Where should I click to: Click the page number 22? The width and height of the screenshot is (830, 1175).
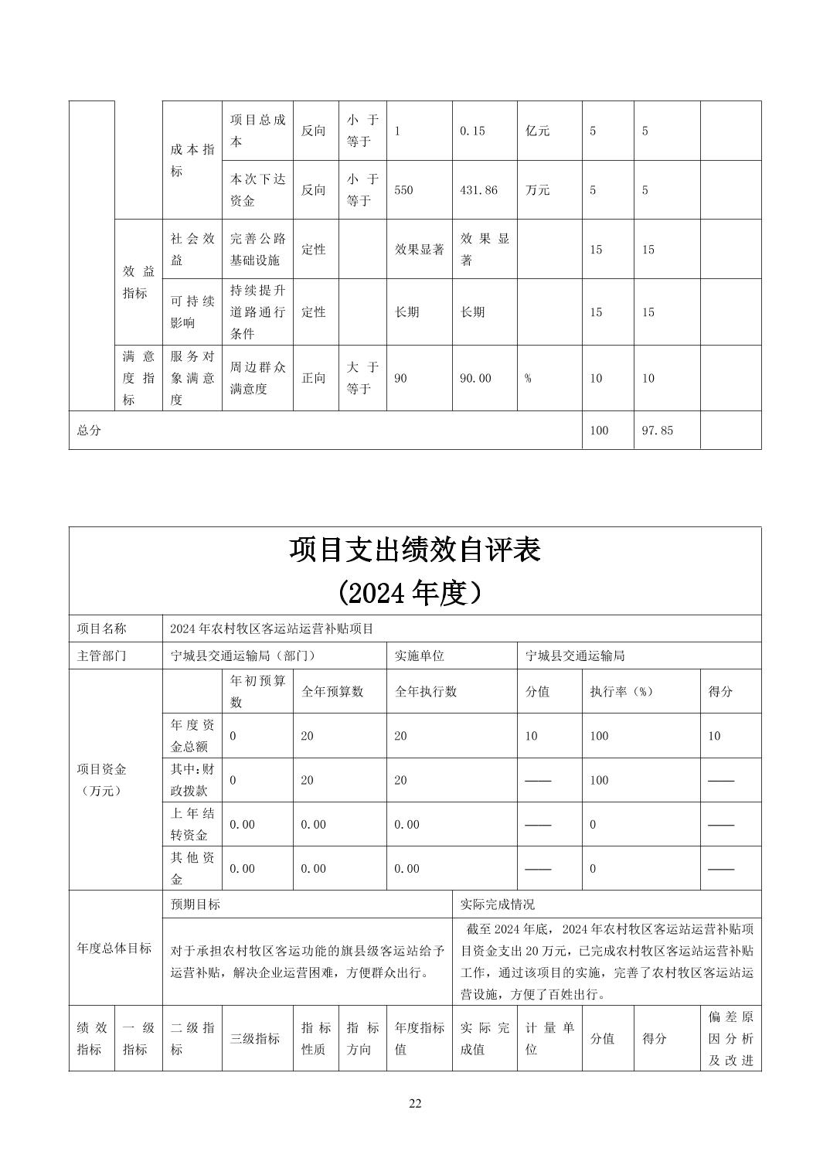(415, 1103)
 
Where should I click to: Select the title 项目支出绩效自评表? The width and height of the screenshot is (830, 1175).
(415, 550)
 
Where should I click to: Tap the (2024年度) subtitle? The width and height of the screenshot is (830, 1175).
(415, 593)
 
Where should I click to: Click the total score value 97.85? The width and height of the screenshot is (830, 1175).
(657, 431)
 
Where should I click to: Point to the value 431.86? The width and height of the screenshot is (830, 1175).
(478, 190)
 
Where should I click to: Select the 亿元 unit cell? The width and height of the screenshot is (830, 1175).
(538, 131)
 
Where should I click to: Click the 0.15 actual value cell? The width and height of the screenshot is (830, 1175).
(472, 131)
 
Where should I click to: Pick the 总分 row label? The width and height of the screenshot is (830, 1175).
(89, 431)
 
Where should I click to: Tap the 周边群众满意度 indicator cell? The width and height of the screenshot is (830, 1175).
(257, 378)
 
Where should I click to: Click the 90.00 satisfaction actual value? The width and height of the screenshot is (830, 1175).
(475, 378)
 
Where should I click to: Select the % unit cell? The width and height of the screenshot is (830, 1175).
(528, 378)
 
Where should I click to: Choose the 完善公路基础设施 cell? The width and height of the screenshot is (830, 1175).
(257, 249)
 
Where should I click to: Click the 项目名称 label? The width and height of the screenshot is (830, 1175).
(101, 628)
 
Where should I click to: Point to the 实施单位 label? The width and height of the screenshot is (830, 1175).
(420, 656)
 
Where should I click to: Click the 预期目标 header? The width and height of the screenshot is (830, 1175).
(196, 904)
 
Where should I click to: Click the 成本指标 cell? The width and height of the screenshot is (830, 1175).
(192, 160)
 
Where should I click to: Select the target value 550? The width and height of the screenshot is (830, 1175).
(403, 190)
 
